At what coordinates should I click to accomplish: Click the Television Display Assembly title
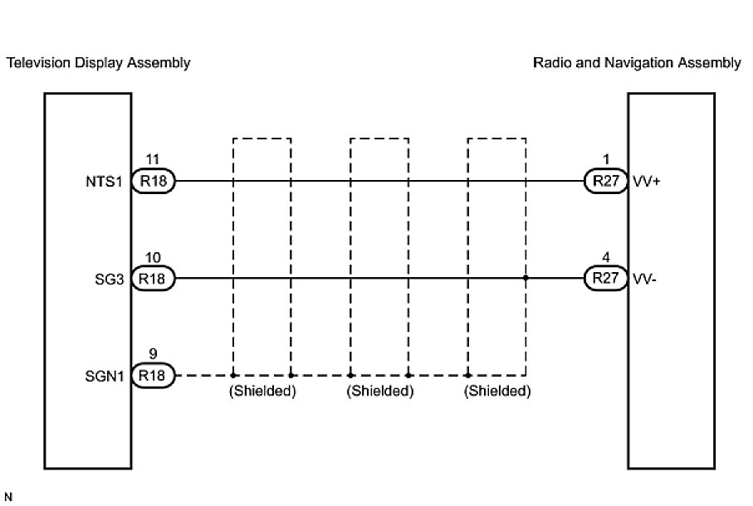tap(98, 63)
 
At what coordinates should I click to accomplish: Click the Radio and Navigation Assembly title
tap(637, 63)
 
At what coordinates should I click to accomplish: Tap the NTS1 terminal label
tap(109, 182)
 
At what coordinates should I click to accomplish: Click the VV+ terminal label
tap(645, 182)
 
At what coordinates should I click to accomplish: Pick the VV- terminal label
tap(643, 280)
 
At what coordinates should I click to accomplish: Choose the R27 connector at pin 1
tap(606, 182)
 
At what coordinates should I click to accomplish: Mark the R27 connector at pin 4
tap(606, 280)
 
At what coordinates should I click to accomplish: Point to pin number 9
tap(151, 356)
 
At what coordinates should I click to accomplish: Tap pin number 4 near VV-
tap(606, 259)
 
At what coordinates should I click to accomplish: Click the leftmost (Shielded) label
tap(262, 392)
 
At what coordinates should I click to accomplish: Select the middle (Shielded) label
tap(379, 392)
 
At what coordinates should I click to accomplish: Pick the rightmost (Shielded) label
tap(497, 392)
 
